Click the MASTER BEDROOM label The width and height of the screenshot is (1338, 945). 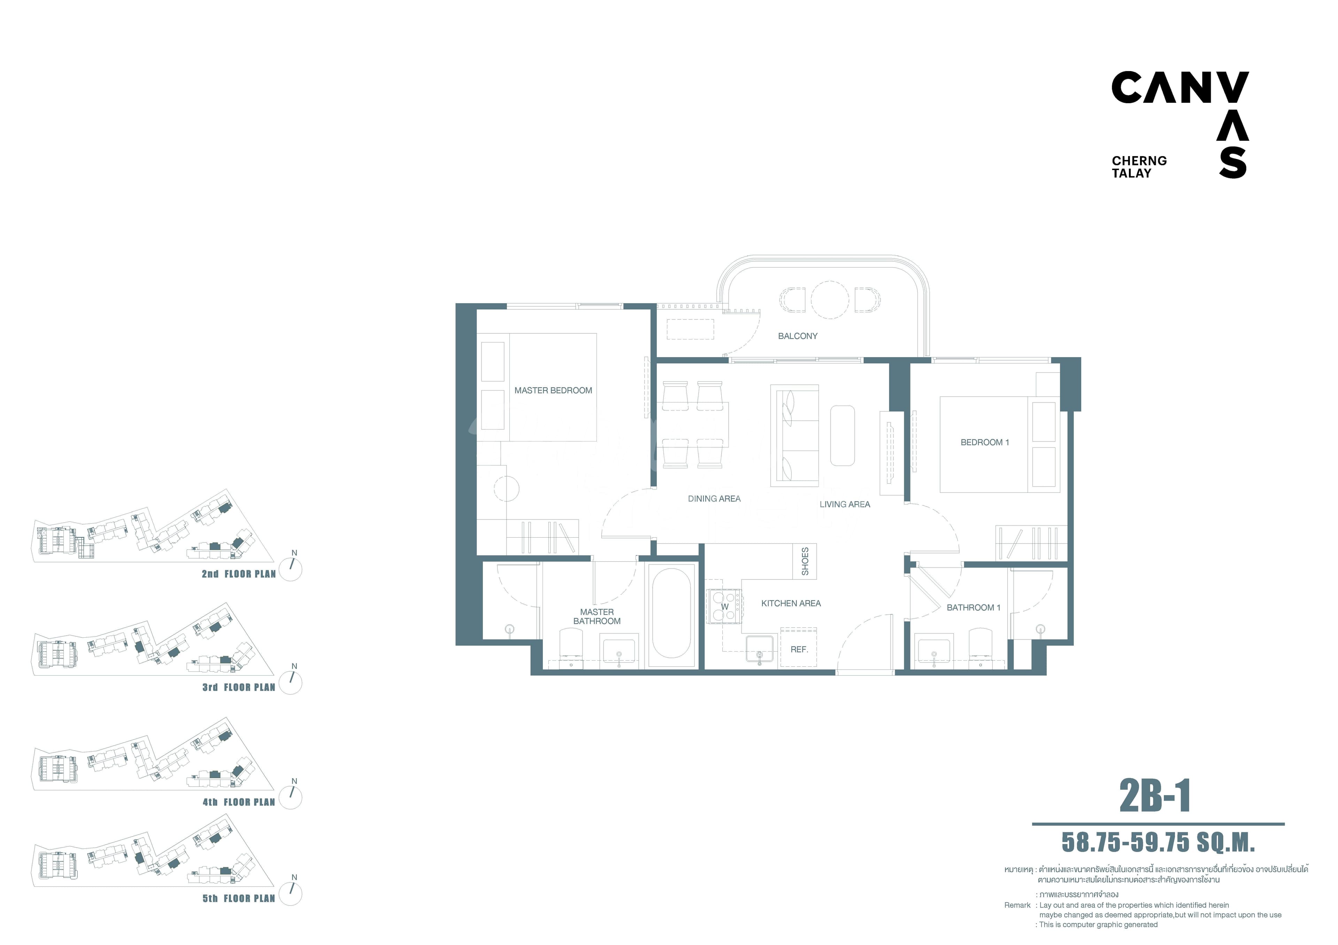click(x=553, y=390)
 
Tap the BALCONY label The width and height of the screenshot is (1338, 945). click(x=797, y=336)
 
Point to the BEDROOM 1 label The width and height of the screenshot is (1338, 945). click(x=984, y=442)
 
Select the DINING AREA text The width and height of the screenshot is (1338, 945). click(x=714, y=499)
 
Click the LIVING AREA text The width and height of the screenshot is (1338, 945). click(x=844, y=505)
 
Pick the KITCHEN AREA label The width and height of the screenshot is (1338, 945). click(x=791, y=604)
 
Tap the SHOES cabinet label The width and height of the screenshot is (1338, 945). click(x=805, y=561)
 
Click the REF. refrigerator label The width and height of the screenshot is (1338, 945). click(x=799, y=649)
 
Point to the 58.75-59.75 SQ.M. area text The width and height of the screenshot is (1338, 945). click(x=1158, y=842)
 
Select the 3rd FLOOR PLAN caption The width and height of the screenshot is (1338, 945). click(x=238, y=687)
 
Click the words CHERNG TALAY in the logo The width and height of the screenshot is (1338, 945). click(x=1139, y=167)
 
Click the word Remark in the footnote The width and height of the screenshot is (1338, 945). click(x=1017, y=905)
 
